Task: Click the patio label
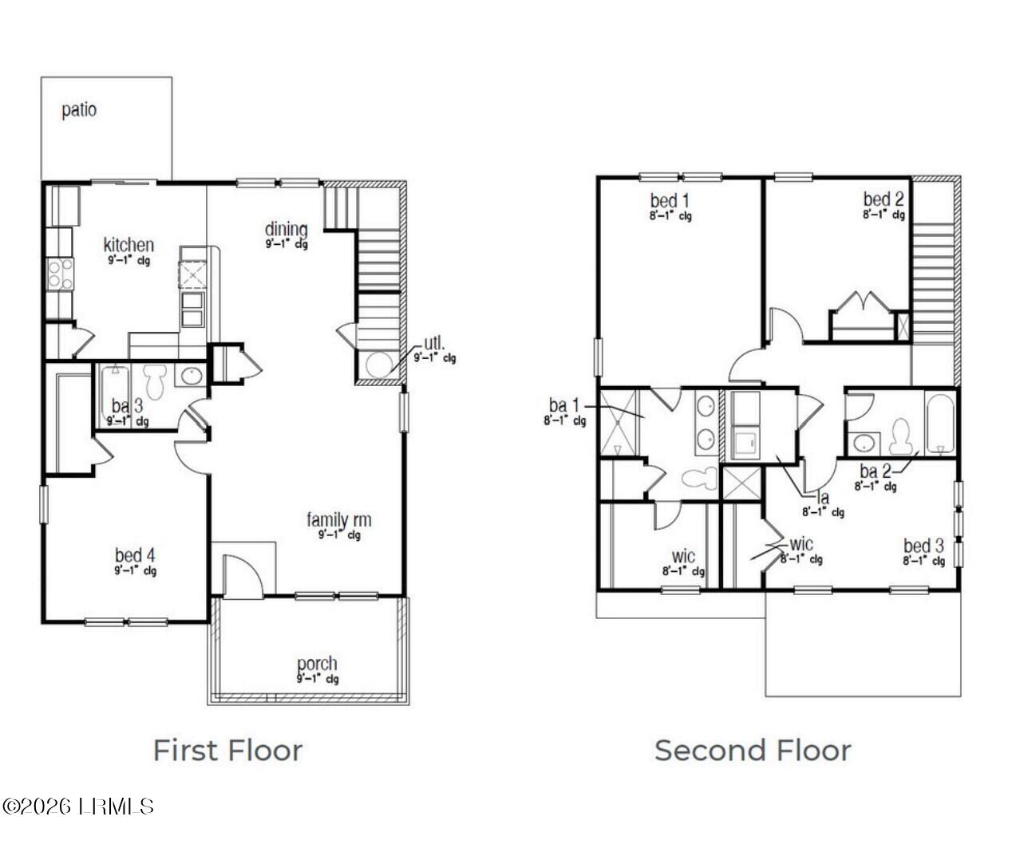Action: [x=79, y=110]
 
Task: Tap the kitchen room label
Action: [x=128, y=245]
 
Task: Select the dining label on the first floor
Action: [x=286, y=231]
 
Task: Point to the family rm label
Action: [x=339, y=521]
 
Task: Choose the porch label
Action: [x=317, y=664]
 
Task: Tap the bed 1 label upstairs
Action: [x=664, y=200]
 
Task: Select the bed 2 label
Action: [x=884, y=199]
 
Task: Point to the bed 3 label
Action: [x=923, y=546]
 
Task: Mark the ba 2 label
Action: [x=876, y=471]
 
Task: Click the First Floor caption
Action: [x=227, y=751]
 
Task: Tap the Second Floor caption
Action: [x=753, y=751]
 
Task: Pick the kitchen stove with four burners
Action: [x=60, y=274]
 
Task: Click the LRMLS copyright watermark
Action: [x=77, y=807]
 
